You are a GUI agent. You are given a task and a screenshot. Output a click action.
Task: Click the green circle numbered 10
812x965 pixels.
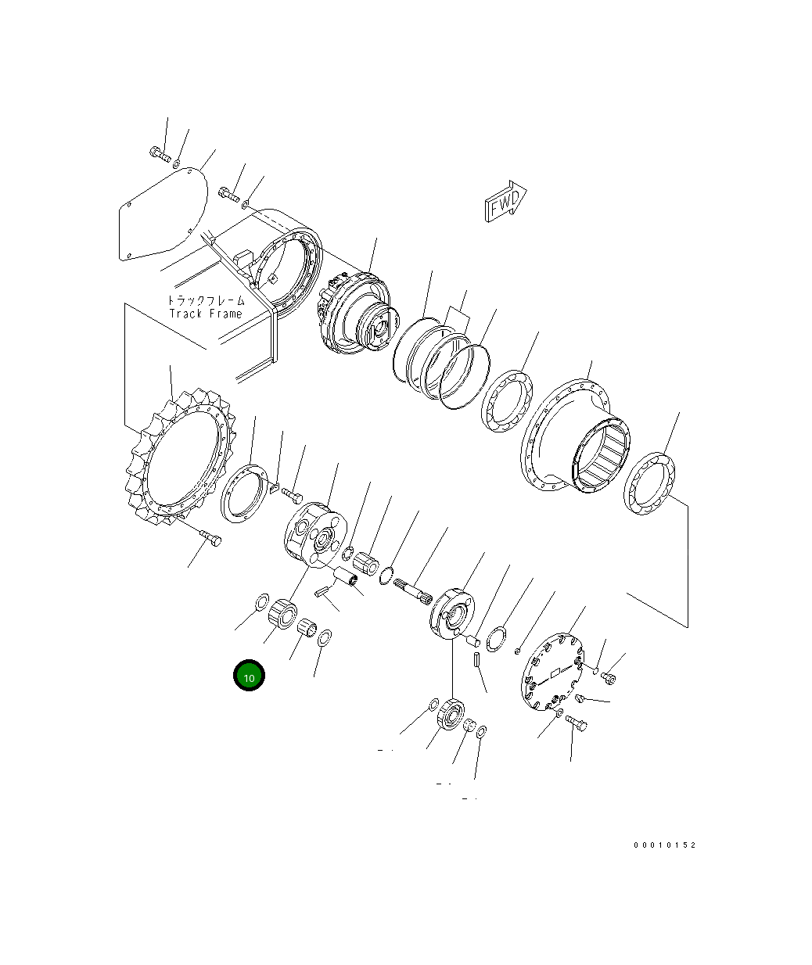(x=249, y=675)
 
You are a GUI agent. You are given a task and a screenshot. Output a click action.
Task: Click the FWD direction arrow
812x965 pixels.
(x=506, y=201)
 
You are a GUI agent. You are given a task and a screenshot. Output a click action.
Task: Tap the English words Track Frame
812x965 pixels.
(x=206, y=314)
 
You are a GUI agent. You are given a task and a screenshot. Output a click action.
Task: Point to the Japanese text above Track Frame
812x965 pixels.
(x=206, y=300)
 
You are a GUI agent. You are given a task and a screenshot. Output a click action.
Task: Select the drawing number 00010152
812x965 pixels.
(x=664, y=845)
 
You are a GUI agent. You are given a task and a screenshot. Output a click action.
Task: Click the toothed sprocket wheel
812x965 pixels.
(x=181, y=457)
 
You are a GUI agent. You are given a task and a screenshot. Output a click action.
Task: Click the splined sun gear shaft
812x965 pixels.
(x=413, y=592)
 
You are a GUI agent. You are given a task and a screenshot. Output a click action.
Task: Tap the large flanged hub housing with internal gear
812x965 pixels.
(x=575, y=436)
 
